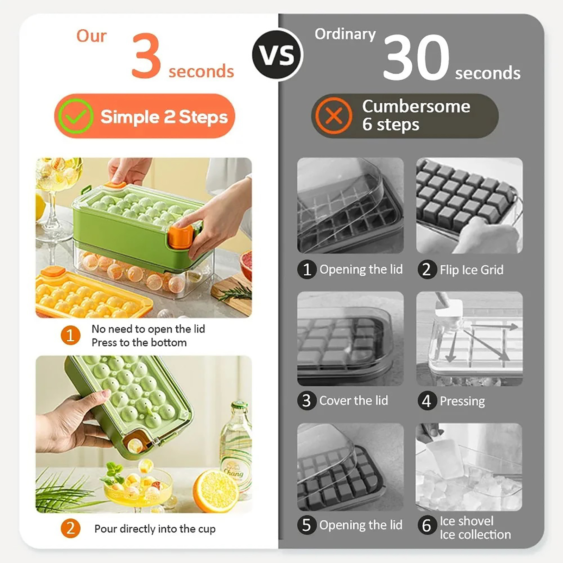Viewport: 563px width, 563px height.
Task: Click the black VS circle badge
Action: (x=277, y=55)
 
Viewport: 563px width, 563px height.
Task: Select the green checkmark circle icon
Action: (x=76, y=116)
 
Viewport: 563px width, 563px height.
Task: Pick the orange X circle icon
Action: (x=334, y=115)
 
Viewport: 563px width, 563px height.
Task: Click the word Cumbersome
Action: (x=416, y=106)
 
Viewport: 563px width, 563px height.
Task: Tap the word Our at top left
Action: (x=91, y=36)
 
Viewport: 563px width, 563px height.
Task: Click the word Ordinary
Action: (x=345, y=34)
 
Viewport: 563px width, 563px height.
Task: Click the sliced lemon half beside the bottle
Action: (x=216, y=491)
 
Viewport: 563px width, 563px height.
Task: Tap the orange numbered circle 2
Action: (x=70, y=528)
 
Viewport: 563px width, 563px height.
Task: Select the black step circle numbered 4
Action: (x=427, y=401)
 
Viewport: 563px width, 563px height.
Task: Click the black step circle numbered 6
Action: (x=427, y=525)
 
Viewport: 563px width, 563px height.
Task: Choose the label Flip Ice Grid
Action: (x=472, y=270)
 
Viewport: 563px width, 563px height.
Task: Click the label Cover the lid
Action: (x=354, y=400)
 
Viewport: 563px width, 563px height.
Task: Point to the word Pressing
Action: (x=462, y=401)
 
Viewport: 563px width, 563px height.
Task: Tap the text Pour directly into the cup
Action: (x=155, y=529)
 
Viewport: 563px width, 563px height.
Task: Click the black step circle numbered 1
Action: (x=307, y=270)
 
